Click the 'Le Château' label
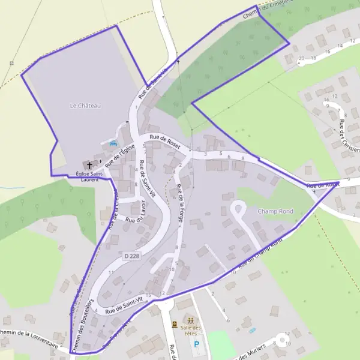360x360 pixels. [85, 106]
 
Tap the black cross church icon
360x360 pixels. [90, 164]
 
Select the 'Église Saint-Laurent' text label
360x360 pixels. [87, 176]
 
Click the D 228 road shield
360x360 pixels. [131, 256]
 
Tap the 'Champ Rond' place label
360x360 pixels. [275, 211]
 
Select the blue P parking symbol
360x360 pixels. [196, 344]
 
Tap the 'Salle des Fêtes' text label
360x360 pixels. [190, 330]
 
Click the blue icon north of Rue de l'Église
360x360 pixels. [113, 143]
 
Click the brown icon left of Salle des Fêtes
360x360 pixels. [175, 325]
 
